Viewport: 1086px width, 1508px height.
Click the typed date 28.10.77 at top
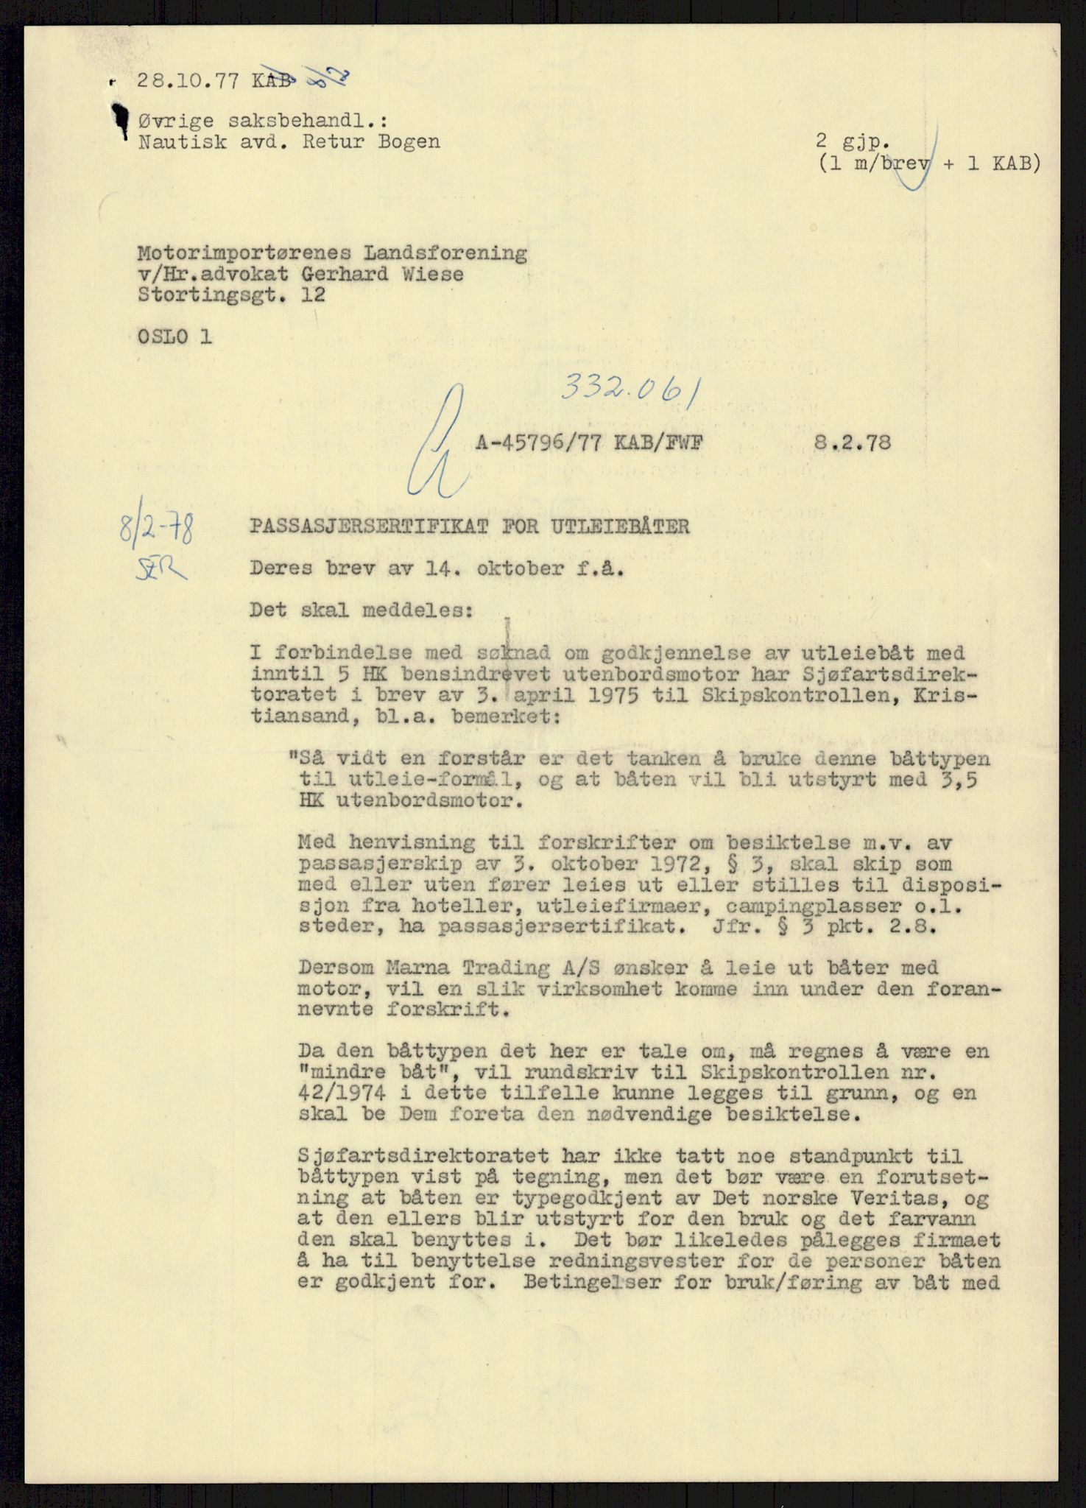click(188, 81)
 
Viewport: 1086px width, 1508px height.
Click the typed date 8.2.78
click(853, 443)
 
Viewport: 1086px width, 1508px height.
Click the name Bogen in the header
click(406, 141)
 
